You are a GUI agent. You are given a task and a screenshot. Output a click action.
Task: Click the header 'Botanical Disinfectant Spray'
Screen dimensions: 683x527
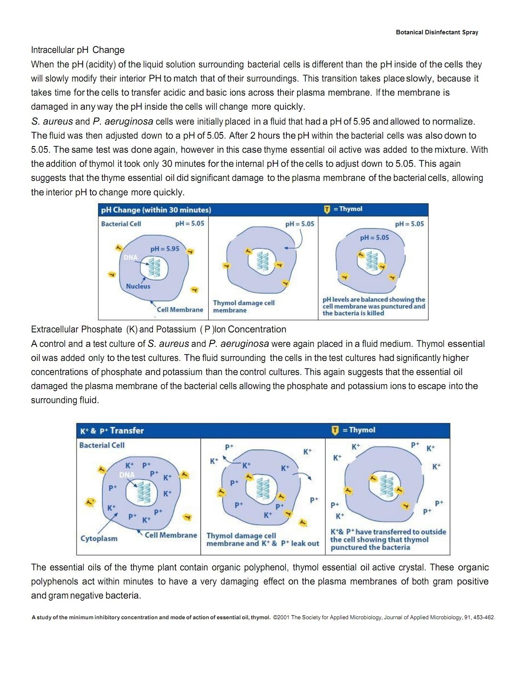pos(436,32)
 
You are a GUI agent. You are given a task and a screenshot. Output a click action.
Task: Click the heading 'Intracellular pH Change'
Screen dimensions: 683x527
pos(78,50)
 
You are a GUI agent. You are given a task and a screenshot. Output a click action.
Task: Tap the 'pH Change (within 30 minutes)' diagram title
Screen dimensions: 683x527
pos(156,210)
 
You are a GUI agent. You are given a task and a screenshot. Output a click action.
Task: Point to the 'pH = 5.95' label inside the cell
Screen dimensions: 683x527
pos(165,249)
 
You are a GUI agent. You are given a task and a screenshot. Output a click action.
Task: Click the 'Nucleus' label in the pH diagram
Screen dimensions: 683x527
pos(138,286)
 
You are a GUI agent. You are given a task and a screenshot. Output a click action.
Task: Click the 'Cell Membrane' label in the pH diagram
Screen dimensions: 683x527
pos(180,310)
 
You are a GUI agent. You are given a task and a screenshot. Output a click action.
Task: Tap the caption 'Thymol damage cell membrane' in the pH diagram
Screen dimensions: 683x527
pos(243,307)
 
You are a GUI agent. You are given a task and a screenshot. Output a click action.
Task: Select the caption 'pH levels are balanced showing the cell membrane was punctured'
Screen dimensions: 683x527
pos(374,306)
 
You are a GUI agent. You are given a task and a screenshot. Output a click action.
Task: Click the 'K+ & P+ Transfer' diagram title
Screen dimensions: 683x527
pos(112,430)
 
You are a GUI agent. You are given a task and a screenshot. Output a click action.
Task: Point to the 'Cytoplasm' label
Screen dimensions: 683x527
pos(99,539)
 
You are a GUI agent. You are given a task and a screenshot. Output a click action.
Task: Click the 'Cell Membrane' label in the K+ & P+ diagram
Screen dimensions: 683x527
pos(171,535)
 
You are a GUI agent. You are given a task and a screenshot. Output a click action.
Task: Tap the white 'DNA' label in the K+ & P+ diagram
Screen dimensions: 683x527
pos(127,475)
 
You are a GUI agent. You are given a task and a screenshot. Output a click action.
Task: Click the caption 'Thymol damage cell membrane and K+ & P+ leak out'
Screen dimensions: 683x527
pos(262,539)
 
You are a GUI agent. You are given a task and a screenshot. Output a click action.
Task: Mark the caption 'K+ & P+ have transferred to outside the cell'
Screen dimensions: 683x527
pos(388,539)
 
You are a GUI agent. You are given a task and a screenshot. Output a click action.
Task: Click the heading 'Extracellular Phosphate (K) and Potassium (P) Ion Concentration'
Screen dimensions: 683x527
pos(158,329)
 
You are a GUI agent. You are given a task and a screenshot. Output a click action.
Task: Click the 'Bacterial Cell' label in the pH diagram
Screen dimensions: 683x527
pos(121,224)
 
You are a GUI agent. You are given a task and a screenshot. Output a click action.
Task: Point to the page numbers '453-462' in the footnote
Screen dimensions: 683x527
pos(484,617)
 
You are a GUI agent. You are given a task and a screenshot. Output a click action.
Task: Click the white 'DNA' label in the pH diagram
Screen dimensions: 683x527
pos(130,257)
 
